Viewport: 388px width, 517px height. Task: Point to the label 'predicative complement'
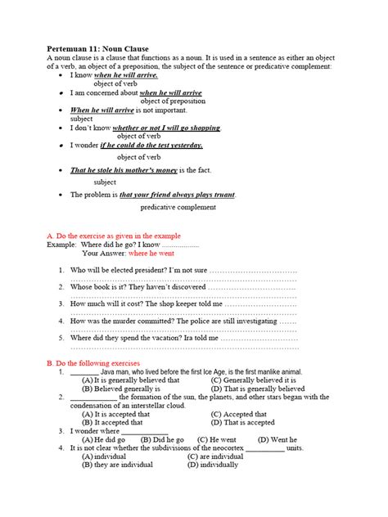[178, 208]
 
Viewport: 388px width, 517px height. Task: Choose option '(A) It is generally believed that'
[130, 380]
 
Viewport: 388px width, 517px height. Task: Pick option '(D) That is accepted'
[243, 423]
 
